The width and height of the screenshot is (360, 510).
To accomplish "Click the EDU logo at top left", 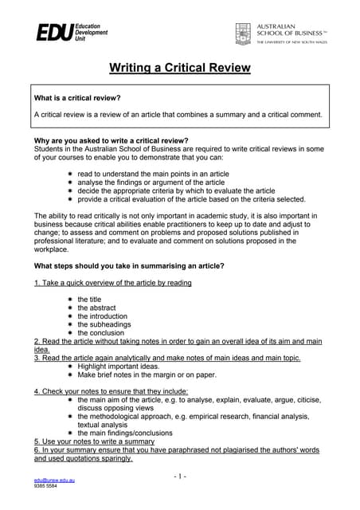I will click(71, 33).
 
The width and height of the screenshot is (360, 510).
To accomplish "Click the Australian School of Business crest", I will click(243, 33).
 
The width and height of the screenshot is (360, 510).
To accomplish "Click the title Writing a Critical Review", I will click(179, 68).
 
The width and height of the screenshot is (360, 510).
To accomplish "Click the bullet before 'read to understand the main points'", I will click(70, 173).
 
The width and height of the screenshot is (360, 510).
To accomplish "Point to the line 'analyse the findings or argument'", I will click(151, 182).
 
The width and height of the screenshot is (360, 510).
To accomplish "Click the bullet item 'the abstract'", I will click(96, 308).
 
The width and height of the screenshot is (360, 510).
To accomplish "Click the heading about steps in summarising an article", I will click(129, 265).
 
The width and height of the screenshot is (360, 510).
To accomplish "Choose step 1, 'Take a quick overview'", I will click(112, 282).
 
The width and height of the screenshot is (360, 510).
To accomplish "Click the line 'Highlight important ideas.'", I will click(119, 366).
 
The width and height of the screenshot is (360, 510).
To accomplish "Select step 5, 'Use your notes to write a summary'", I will click(94, 441).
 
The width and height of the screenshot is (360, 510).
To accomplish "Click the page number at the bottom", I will click(179, 476).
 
